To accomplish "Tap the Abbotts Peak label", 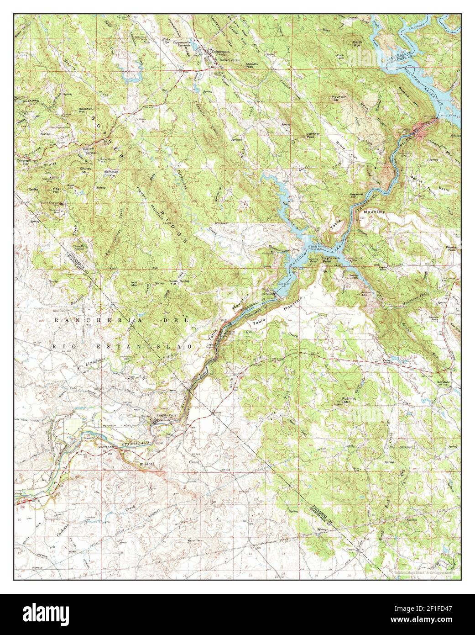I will point(252,65).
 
